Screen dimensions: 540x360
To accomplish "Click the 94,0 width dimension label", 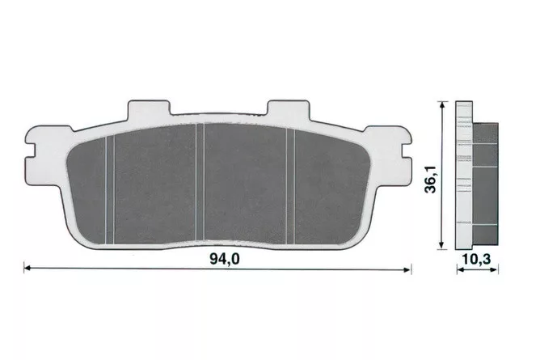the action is tap(224, 259).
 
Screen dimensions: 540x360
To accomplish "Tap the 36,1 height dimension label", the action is tap(431, 179).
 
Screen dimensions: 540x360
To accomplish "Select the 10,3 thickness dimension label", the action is tap(476, 260).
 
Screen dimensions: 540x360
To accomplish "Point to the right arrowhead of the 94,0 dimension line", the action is tap(407, 269).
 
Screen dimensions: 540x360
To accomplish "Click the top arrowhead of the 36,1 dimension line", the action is tap(441, 106).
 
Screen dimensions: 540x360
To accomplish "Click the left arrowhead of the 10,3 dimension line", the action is tap(461, 270).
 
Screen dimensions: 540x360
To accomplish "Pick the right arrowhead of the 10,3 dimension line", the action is tap(494, 270).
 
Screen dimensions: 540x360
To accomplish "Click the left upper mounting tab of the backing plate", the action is tap(149, 109).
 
